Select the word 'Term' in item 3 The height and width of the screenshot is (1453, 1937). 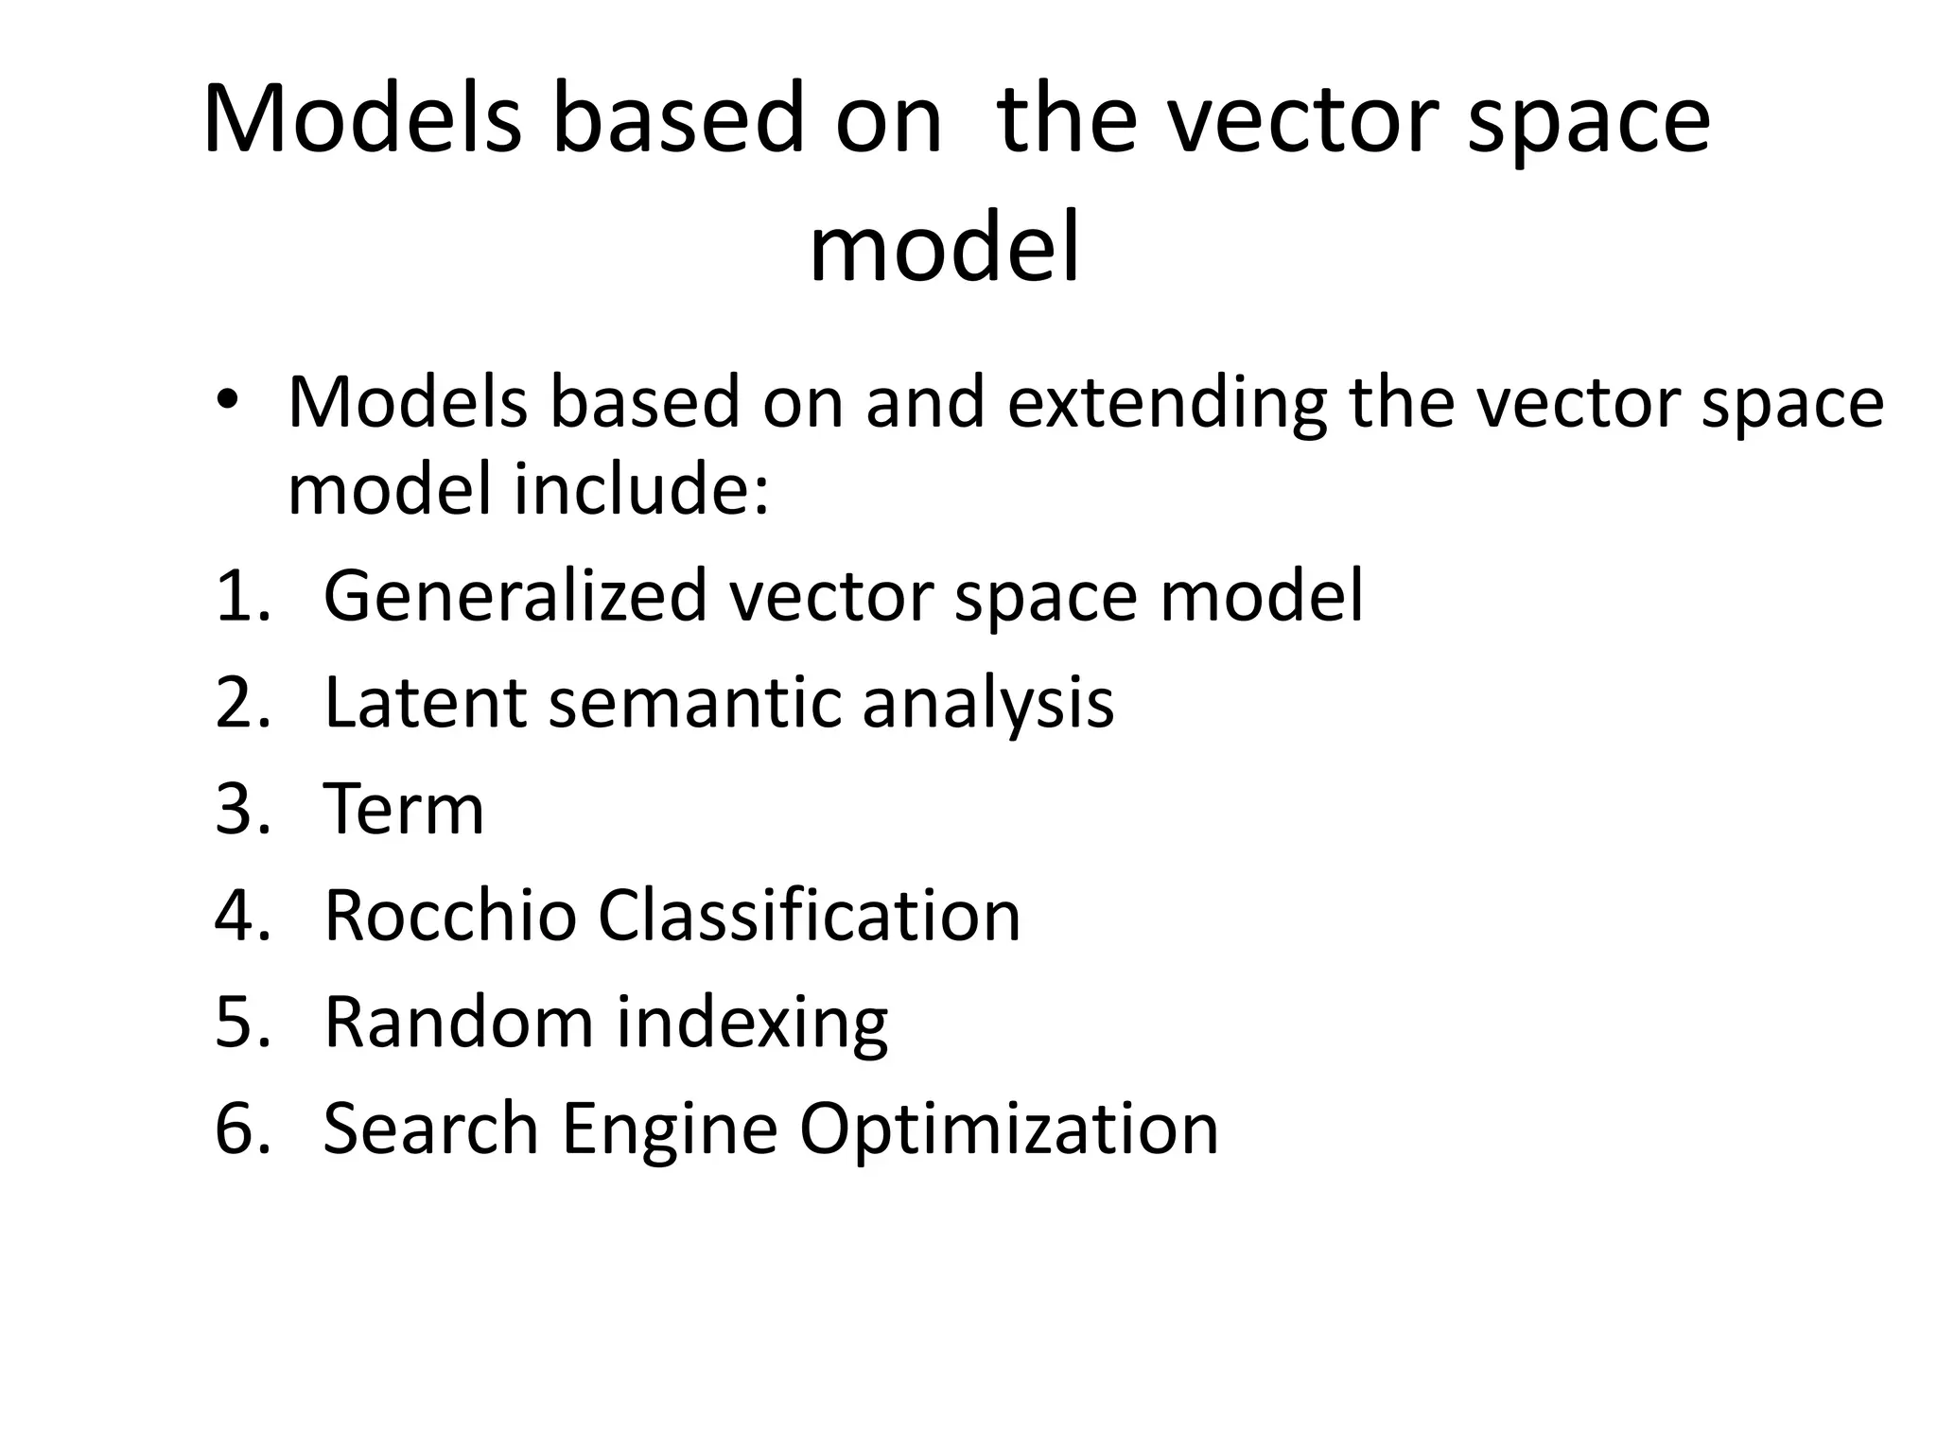coord(404,810)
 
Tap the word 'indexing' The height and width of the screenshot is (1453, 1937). coord(752,1024)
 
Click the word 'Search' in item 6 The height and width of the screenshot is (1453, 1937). coord(430,1129)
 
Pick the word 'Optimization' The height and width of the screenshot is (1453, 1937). coord(1009,1130)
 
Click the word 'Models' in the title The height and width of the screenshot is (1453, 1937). coord(362,120)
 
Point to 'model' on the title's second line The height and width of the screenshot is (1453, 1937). coord(944,249)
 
